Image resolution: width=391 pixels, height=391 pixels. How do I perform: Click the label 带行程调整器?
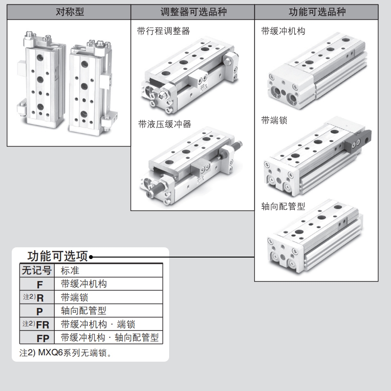point(164,32)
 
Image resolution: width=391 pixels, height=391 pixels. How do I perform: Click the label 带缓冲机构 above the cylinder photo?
point(283,32)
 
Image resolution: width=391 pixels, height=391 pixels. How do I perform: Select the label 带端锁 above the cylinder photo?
point(274,120)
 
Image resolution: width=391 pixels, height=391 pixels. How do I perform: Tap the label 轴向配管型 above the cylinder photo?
point(283,206)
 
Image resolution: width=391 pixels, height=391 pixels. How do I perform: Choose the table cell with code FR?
point(43,325)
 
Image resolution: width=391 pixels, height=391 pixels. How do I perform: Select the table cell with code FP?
point(43,338)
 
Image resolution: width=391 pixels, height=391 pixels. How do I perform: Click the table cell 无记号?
point(36,270)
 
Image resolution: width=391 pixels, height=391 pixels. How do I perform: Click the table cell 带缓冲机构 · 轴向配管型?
point(110,338)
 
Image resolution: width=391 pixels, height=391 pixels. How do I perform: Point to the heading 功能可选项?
point(58,256)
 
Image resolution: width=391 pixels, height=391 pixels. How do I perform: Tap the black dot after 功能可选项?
point(91,257)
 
